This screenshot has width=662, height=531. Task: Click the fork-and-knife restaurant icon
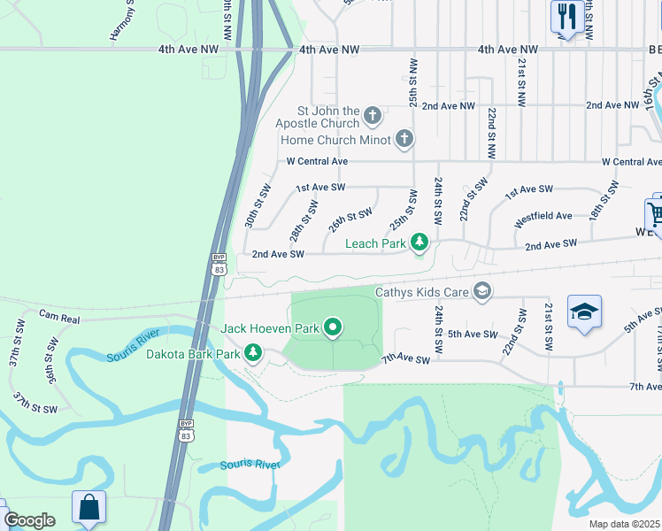[x=565, y=16]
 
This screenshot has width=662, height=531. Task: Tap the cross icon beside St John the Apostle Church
[x=373, y=115]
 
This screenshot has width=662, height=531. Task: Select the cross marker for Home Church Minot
[x=404, y=138]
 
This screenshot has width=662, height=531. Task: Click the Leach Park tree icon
[x=420, y=242]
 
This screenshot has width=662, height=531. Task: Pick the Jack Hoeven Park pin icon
[x=334, y=327]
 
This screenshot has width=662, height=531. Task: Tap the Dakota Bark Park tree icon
[x=254, y=354]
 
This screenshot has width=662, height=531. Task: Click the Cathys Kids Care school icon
[x=482, y=290]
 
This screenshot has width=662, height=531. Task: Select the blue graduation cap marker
[x=584, y=312]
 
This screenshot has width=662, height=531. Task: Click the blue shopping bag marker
[x=89, y=508]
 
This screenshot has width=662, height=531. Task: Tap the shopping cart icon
[x=656, y=213]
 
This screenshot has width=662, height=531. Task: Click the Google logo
[x=29, y=520]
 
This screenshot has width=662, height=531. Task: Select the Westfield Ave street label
[x=543, y=215]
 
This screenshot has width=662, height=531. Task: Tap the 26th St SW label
[x=350, y=219]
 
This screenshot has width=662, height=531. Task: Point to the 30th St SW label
[x=258, y=206]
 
